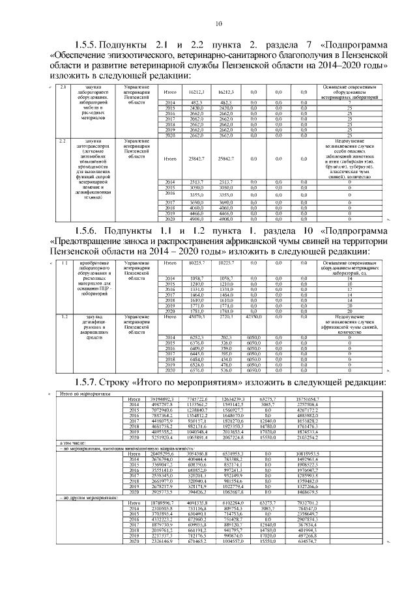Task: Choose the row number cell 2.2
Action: (x=63, y=141)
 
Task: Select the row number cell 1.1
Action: (x=64, y=262)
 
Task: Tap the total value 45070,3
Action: (x=198, y=316)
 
